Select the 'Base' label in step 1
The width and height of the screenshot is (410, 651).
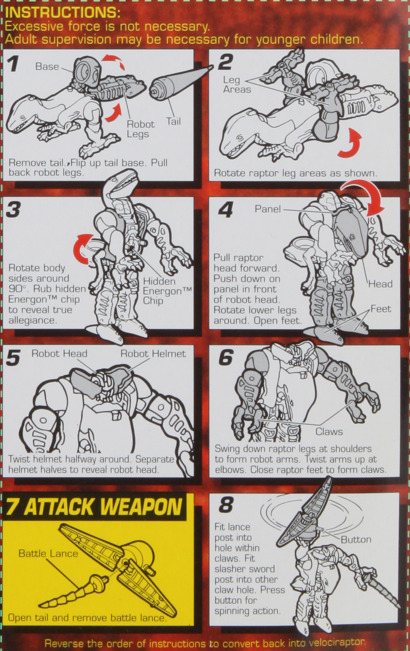(47, 67)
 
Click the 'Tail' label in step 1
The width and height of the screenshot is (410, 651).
(173, 121)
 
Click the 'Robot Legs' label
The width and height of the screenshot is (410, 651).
(140, 129)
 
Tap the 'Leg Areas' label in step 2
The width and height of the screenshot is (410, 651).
(237, 85)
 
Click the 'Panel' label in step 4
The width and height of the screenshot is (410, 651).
(267, 209)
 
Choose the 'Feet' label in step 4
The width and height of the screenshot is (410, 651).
(380, 309)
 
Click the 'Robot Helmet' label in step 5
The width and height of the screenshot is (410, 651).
(153, 354)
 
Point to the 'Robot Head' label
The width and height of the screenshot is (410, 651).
(59, 354)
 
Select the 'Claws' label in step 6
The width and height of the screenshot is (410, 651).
(329, 432)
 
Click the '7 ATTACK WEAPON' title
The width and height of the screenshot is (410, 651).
(94, 507)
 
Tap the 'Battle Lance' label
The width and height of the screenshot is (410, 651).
(48, 553)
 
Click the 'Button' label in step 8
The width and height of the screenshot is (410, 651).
(356, 540)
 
